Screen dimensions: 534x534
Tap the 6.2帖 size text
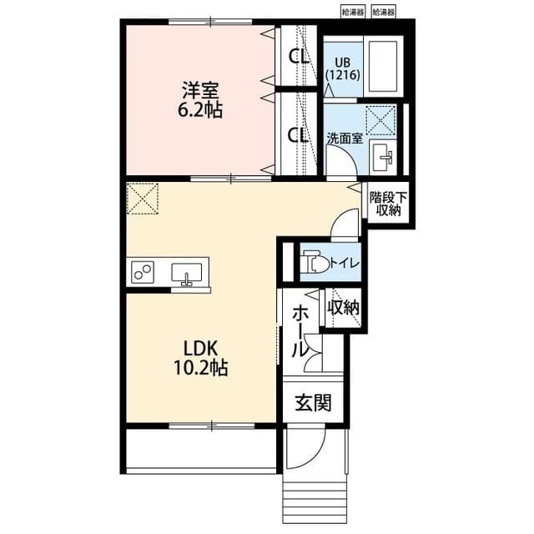pos(200,109)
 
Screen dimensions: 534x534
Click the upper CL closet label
pos(298,57)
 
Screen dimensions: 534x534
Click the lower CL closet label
pos(298,134)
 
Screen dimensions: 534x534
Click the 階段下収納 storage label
pos(388,204)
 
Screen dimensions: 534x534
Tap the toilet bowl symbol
pos(314,262)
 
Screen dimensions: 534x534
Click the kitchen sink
pos(188,273)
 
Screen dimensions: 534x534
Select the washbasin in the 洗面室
pos(385,155)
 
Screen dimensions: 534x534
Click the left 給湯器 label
pos(351,13)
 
